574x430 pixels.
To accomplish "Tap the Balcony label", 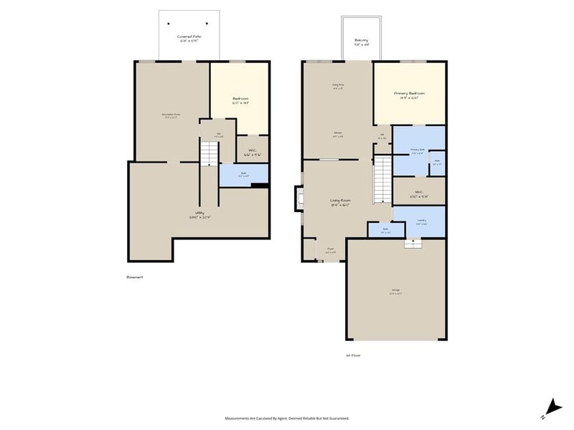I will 361,42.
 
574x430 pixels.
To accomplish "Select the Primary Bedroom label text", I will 409,95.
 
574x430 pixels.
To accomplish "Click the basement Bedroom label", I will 240,100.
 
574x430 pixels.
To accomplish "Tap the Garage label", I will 395,292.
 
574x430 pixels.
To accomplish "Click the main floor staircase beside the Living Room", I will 382,180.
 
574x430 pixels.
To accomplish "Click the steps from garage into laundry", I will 413,244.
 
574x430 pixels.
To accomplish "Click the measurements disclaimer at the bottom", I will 287,418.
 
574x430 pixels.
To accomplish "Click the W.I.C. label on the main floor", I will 419,193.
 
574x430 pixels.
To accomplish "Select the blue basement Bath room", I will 243,174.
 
